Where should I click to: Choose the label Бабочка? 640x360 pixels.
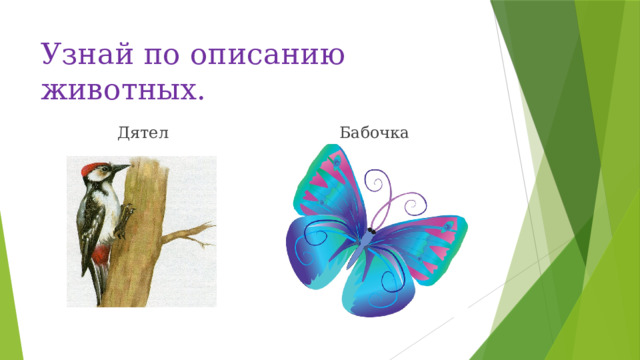[372, 133]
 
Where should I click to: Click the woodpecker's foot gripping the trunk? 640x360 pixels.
[121, 235]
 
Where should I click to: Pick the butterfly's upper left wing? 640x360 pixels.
[325, 190]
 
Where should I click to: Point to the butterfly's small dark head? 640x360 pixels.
[370, 233]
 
